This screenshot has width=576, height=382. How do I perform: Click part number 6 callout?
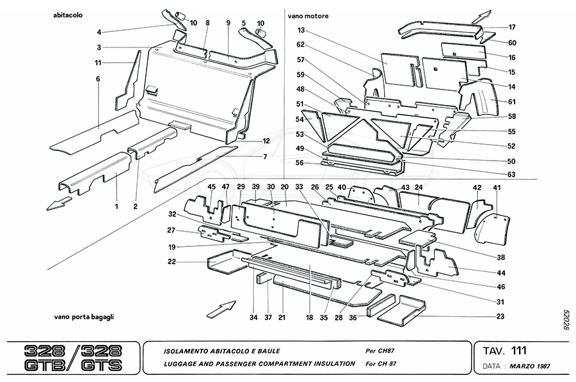coord(99,79)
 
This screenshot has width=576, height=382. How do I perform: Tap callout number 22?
coord(172,261)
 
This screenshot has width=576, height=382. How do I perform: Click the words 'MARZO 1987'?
coord(528,366)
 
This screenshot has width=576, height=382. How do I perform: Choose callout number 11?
coord(99,62)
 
